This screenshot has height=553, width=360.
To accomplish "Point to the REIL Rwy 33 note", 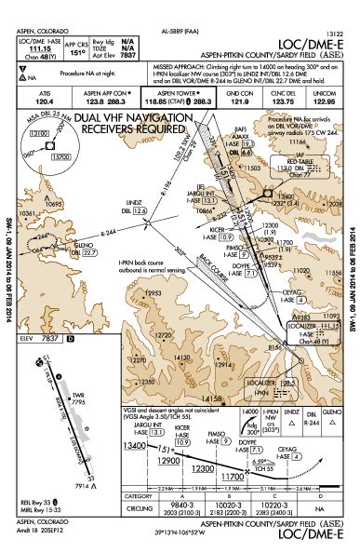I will [39, 503].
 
